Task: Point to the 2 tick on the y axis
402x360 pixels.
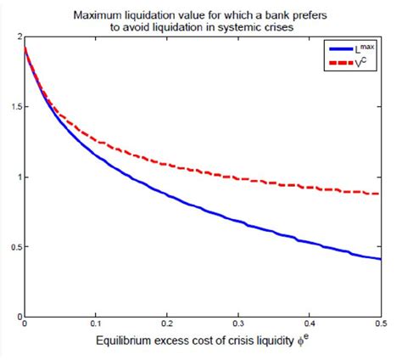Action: (x=18, y=38)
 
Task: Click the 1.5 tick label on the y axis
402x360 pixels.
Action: (x=14, y=108)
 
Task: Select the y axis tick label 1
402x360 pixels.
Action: (x=18, y=177)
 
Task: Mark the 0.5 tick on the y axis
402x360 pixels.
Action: (x=14, y=247)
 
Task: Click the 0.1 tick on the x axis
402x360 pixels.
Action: (x=98, y=325)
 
